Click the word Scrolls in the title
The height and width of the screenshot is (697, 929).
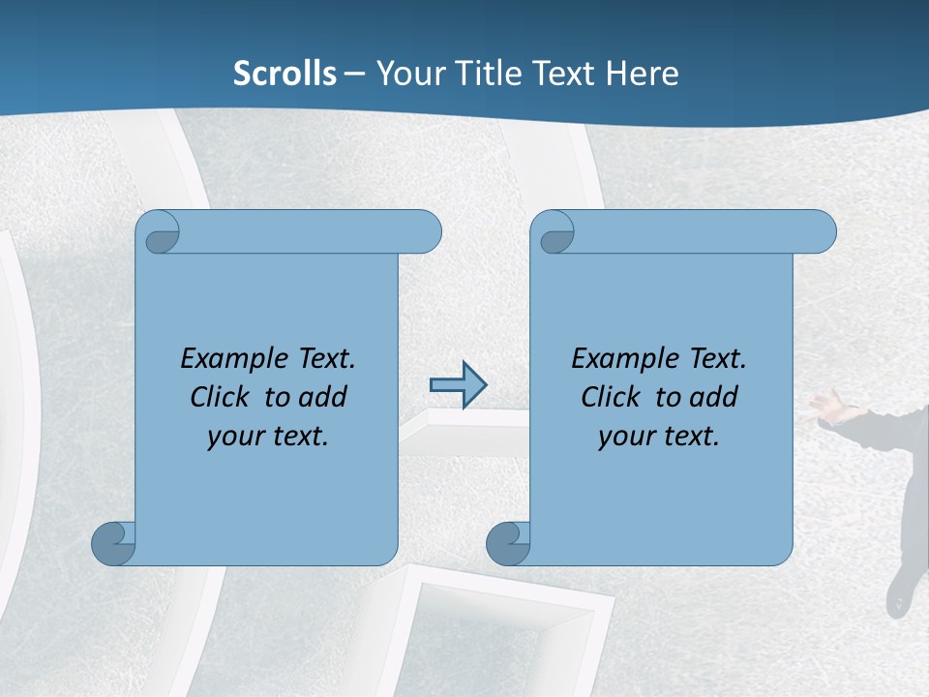(285, 74)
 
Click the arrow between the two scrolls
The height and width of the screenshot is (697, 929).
(458, 385)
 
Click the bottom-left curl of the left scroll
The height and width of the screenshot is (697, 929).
(114, 543)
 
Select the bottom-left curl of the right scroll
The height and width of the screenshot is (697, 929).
(509, 543)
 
